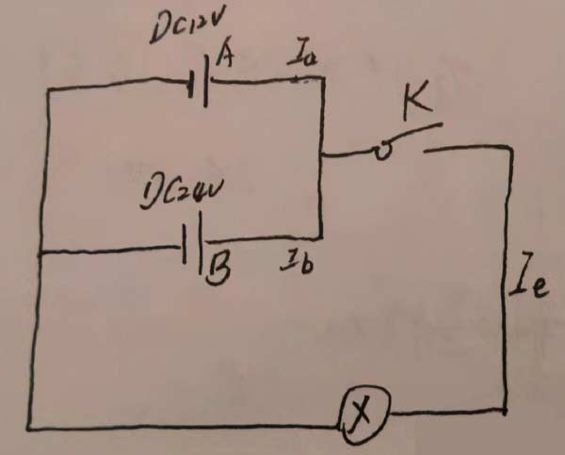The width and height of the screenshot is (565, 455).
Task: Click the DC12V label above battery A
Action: pyautogui.click(x=185, y=31)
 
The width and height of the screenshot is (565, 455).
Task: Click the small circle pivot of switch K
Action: pyautogui.click(x=381, y=151)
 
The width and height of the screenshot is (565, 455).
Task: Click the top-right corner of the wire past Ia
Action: pyautogui.click(x=323, y=81)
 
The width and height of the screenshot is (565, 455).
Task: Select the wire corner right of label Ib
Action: pyautogui.click(x=321, y=237)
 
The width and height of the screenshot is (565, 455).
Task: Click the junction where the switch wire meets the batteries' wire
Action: pyautogui.click(x=322, y=155)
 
